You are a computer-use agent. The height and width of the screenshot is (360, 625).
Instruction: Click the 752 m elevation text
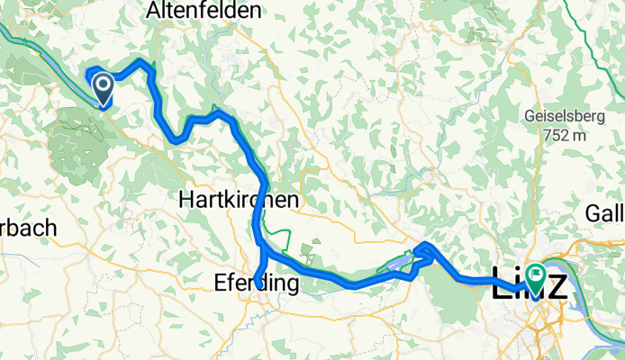coord(562,135)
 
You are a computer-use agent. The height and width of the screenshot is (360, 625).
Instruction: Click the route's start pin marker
coord(103,87)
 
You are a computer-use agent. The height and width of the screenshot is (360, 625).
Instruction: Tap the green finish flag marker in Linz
coord(538,275)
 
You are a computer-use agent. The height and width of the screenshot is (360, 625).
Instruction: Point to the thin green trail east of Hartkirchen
coord(286,237)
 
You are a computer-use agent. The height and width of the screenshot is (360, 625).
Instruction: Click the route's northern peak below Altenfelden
coord(141,62)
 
